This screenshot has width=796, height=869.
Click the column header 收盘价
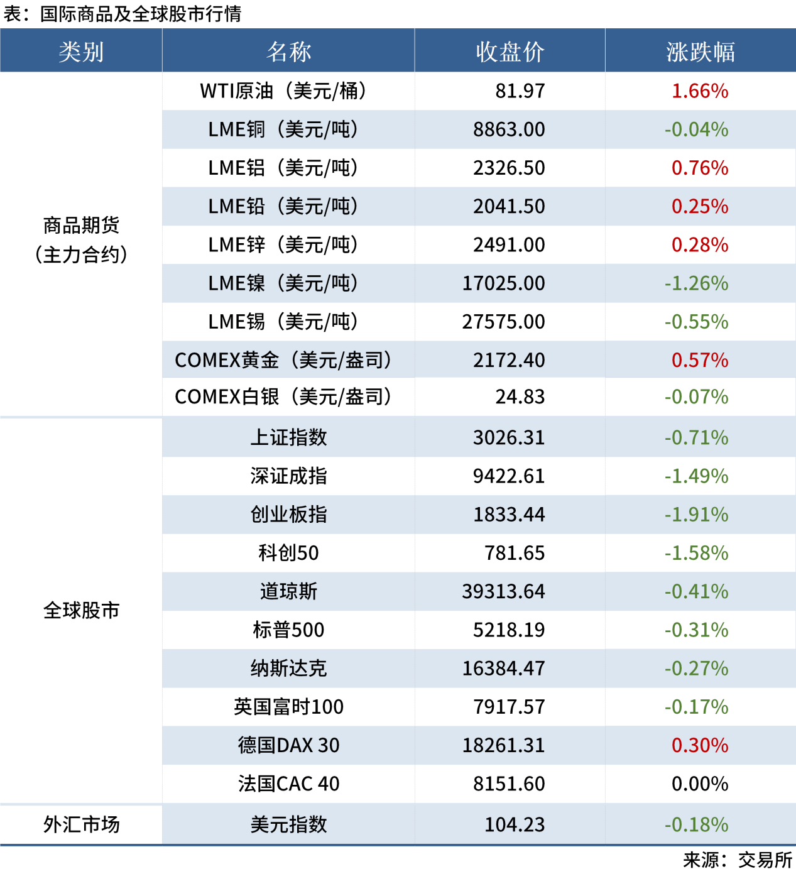coord(510,52)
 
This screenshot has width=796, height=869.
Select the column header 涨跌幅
coord(700,52)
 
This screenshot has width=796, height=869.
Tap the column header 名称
coord(288,52)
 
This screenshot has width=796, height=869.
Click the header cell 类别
coord(81,52)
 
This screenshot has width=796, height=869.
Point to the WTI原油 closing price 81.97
coord(520,91)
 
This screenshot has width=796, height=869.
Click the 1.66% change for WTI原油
coord(700,91)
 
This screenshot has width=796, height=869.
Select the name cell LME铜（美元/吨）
coord(283,129)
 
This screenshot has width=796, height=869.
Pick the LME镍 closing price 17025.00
coord(503,283)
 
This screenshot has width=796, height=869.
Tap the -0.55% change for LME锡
coord(696,322)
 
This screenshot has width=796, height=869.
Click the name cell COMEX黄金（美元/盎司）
coord(283,360)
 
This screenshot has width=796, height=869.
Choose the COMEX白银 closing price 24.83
coord(520,397)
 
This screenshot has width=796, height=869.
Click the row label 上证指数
coord(288,437)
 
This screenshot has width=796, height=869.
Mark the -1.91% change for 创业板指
coord(696,515)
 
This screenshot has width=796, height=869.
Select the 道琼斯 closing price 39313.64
coord(503,591)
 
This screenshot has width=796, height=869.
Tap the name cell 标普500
coord(288,630)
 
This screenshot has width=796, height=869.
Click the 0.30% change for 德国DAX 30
coord(700,745)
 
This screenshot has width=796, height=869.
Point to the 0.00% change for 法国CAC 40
coord(700,784)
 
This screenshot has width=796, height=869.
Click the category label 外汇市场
coord(81,824)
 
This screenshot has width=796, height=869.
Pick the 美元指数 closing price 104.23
coord(515,824)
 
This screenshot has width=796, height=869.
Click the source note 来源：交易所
coord(738,859)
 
